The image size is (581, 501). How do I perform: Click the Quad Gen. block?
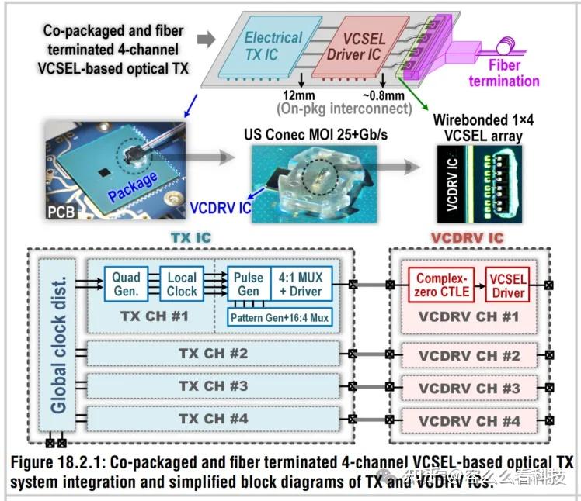[126, 285]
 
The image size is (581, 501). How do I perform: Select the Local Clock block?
[182, 285]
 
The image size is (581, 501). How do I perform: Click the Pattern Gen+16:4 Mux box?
[278, 316]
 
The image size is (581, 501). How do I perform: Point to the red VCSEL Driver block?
[508, 285]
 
